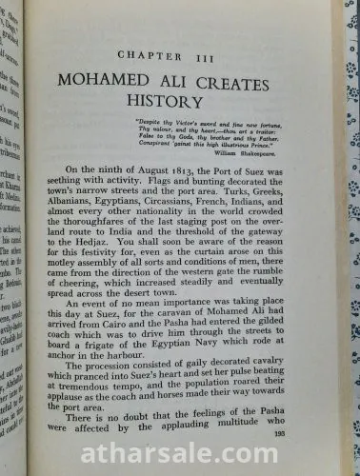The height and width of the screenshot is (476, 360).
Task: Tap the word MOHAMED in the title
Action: pyautogui.click(x=108, y=76)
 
